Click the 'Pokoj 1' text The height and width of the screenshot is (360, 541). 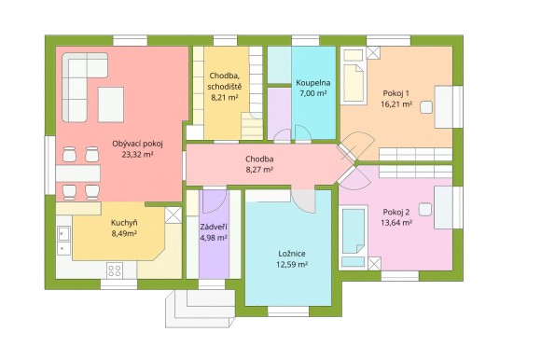point(396,94)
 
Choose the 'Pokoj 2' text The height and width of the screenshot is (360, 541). point(396,212)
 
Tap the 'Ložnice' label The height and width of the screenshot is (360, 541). point(291,253)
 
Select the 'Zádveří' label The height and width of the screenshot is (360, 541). point(214,226)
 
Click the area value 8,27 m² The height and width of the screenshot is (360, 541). point(258,171)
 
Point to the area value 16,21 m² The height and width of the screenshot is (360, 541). point(396,105)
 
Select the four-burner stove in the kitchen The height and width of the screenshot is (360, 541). point(116,270)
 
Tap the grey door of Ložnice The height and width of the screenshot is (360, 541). point(304,199)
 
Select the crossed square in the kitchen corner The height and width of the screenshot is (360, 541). point(173,215)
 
